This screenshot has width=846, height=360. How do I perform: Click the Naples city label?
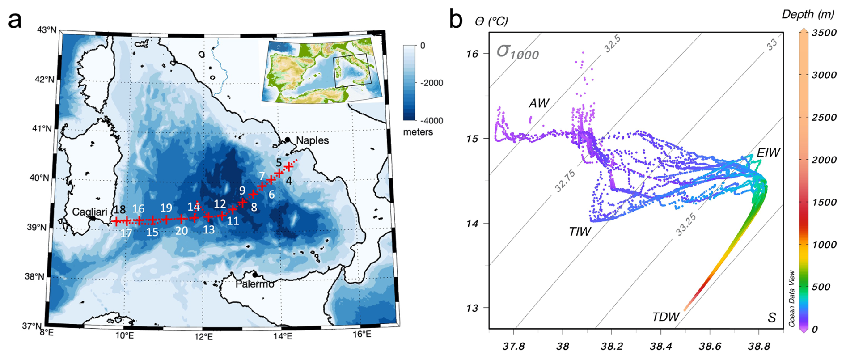click(312, 140)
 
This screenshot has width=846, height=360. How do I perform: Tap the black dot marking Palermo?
click(255, 275)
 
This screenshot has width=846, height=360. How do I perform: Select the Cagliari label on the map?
click(89, 212)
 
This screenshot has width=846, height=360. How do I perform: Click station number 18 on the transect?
click(119, 210)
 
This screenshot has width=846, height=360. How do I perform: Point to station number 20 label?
click(182, 231)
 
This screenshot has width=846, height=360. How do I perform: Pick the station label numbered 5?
click(279, 163)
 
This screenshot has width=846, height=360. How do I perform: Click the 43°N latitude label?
click(47, 30)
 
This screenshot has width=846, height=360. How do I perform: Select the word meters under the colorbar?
click(418, 132)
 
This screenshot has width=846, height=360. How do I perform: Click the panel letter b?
click(456, 20)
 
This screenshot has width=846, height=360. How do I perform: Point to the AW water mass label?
click(538, 103)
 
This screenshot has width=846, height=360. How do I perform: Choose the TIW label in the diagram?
click(580, 232)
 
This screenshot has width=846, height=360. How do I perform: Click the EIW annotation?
click(768, 153)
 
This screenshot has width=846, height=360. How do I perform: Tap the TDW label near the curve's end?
click(665, 317)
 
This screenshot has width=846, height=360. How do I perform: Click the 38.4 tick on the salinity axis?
click(661, 346)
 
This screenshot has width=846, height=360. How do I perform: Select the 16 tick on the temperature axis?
click(472, 54)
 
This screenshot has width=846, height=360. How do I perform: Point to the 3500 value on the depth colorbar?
click(824, 33)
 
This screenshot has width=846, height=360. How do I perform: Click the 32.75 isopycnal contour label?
click(565, 181)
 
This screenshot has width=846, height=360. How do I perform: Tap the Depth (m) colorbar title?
click(808, 14)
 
